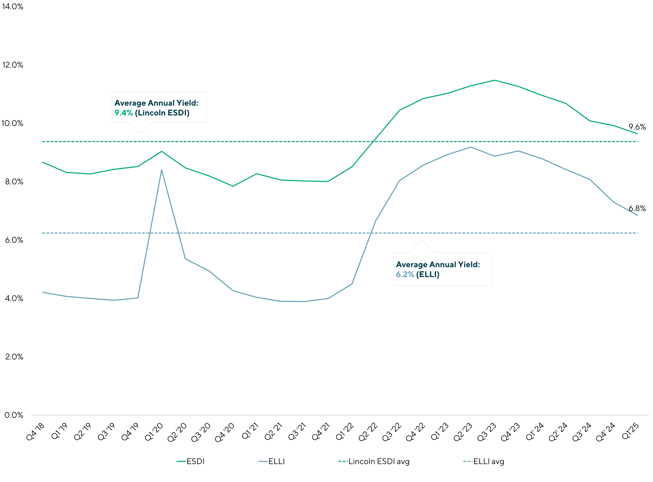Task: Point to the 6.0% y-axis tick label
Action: (14, 240)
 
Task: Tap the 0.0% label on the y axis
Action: (14, 415)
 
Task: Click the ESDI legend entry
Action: (195, 462)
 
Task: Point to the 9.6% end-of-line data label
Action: (637, 127)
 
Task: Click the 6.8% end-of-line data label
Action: (637, 208)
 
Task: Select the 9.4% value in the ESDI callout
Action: (123, 113)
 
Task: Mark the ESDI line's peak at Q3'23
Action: (494, 80)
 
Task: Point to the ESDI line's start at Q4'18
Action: (43, 162)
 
